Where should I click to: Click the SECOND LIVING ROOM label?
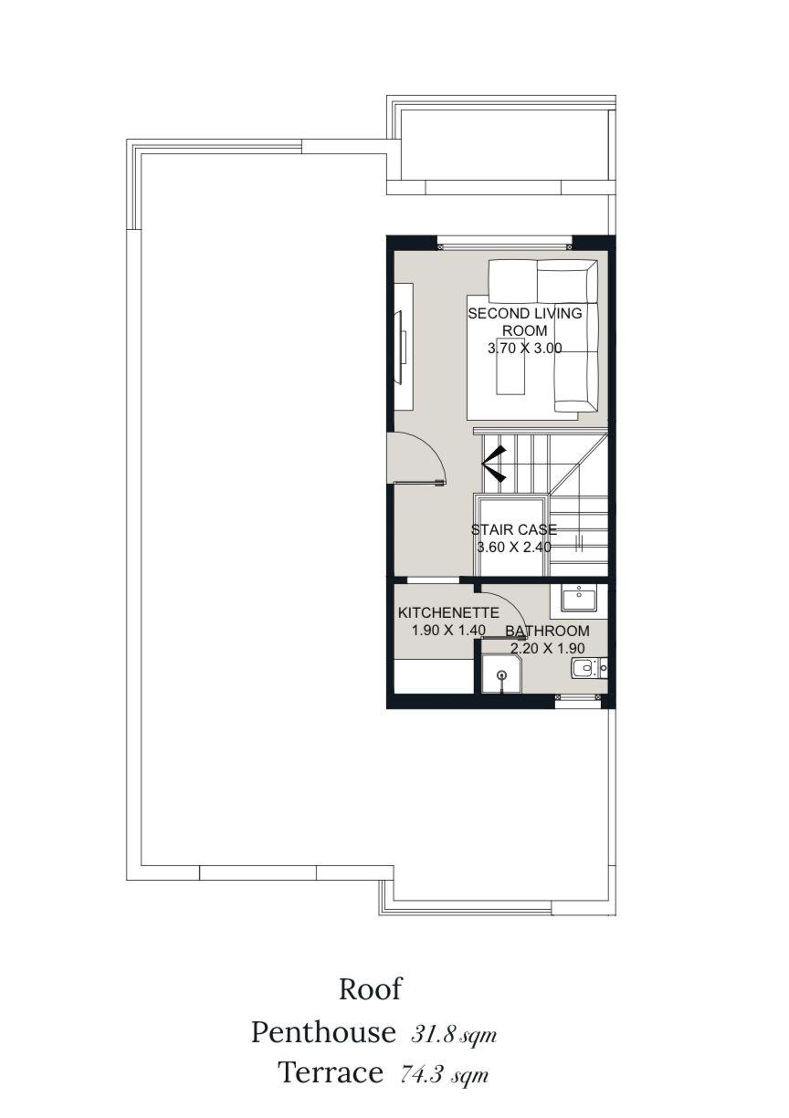[525, 322]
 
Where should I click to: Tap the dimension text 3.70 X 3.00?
[525, 348]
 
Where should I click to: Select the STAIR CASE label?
[514, 529]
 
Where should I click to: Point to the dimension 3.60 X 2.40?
[514, 548]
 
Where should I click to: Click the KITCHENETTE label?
[448, 612]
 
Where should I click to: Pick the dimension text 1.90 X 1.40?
[448, 631]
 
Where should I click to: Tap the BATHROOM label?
[547, 631]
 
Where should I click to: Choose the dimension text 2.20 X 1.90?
[547, 648]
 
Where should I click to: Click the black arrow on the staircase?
[494, 464]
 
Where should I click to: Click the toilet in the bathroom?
[585, 668]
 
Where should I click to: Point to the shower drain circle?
[502, 674]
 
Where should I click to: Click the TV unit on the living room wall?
[404, 347]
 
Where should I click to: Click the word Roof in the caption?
[370, 988]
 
